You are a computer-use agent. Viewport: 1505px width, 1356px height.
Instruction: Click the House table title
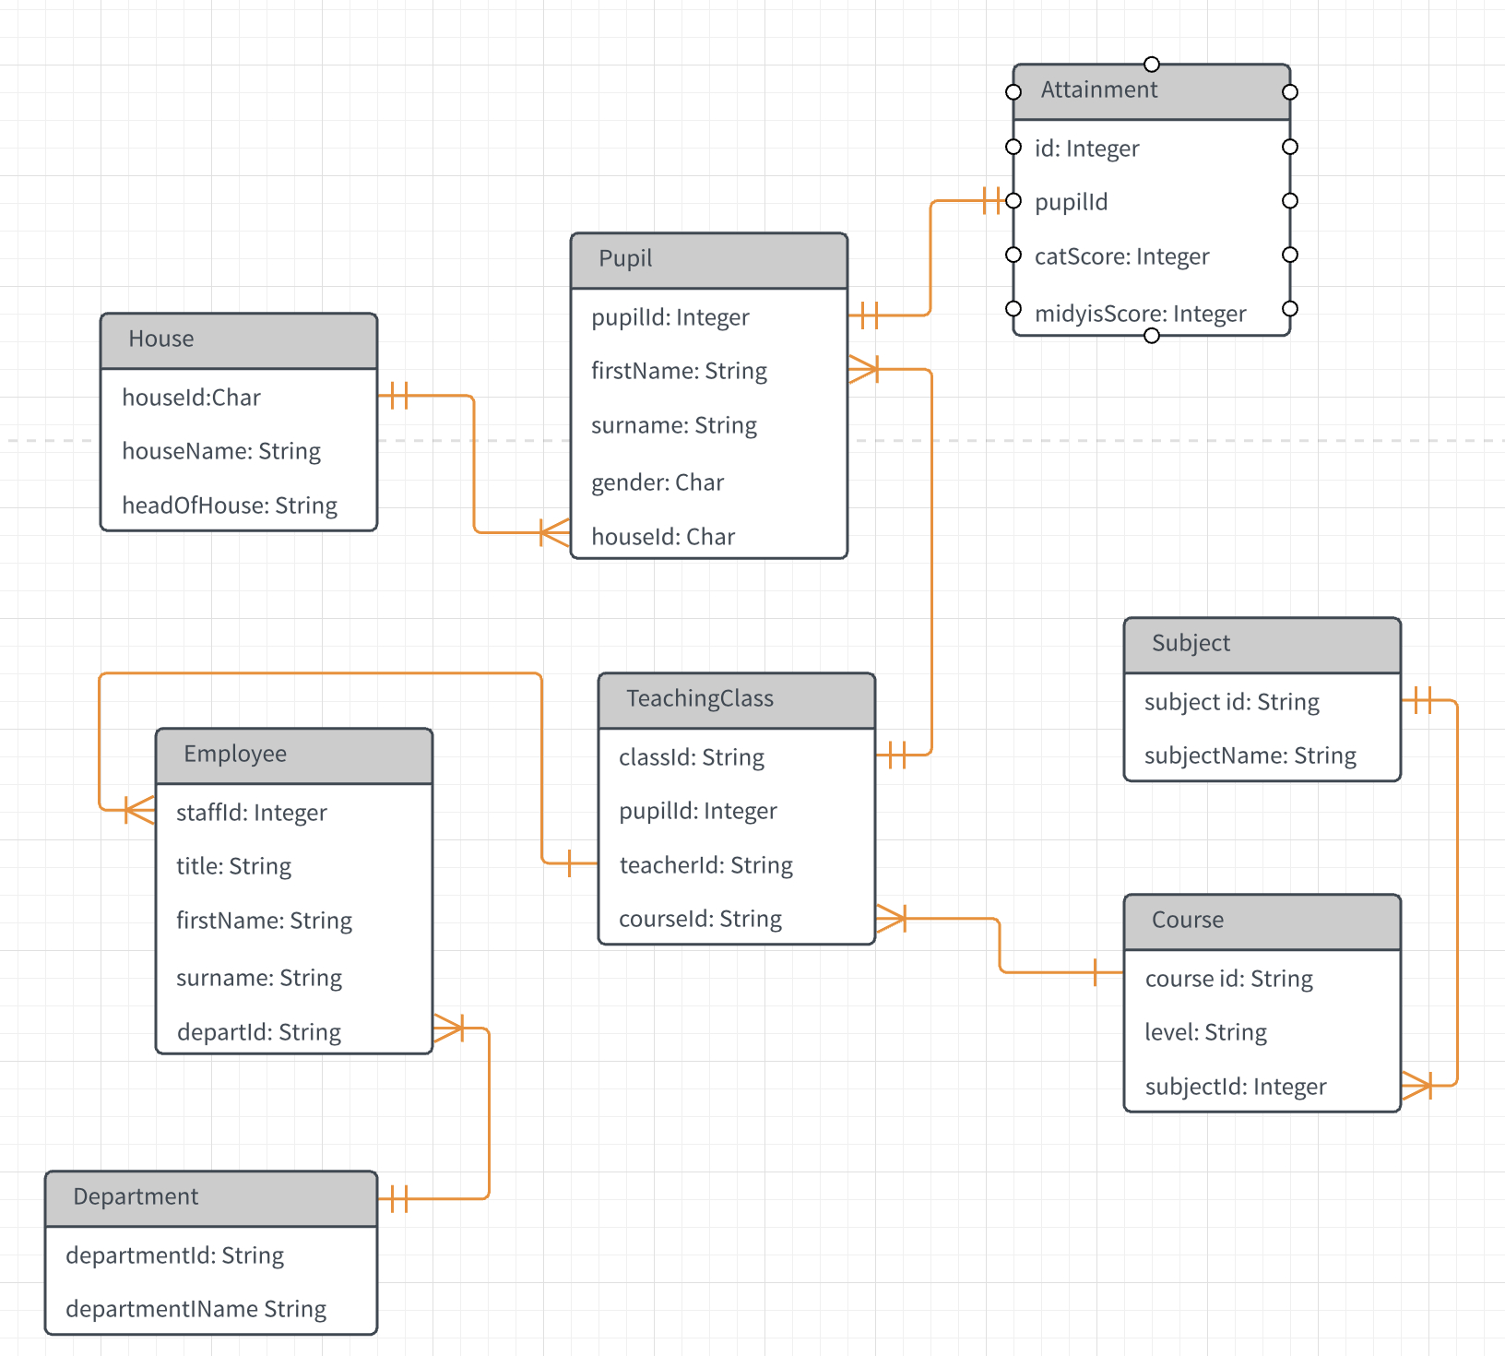point(161,339)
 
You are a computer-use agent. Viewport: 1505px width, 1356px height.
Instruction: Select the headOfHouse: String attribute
point(230,506)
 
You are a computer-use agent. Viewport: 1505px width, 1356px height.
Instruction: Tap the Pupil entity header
point(625,258)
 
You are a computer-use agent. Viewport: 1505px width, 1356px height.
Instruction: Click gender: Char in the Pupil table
point(658,482)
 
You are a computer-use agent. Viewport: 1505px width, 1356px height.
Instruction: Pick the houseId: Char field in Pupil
point(663,537)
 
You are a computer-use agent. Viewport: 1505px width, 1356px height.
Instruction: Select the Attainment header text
point(1098,90)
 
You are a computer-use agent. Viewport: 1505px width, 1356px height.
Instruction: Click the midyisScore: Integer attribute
point(1140,314)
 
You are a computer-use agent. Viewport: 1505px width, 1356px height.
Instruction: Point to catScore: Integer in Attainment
point(1121,256)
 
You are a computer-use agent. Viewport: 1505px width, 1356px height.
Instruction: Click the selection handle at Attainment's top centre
point(1151,65)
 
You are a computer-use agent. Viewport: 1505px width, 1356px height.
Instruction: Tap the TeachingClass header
point(700,699)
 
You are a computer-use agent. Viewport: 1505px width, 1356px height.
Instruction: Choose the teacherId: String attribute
point(705,865)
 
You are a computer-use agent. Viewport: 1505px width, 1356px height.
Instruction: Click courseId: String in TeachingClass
point(700,919)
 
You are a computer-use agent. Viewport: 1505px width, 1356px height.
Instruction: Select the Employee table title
point(235,755)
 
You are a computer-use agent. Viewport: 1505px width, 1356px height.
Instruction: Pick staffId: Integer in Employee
point(251,813)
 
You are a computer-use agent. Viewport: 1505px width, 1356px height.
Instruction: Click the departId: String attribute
point(258,1032)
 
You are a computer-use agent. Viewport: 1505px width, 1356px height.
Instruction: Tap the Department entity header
point(136,1197)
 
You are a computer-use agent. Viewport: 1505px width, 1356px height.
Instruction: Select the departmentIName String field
point(196,1309)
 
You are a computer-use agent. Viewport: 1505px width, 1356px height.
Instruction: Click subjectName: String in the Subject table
point(1250,756)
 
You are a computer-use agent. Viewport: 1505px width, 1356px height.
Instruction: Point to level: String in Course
point(1205,1032)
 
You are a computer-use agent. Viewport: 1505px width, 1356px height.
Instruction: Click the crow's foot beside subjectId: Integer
point(1417,1086)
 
